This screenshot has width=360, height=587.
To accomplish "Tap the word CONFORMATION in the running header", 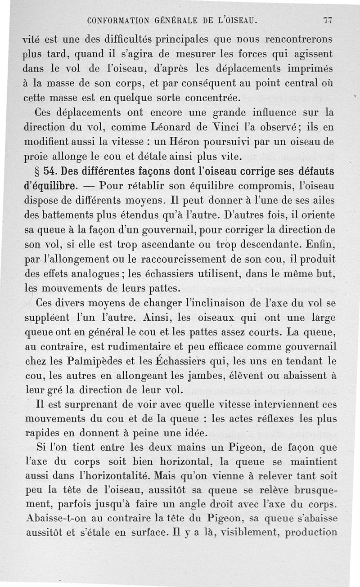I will (118, 21).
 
